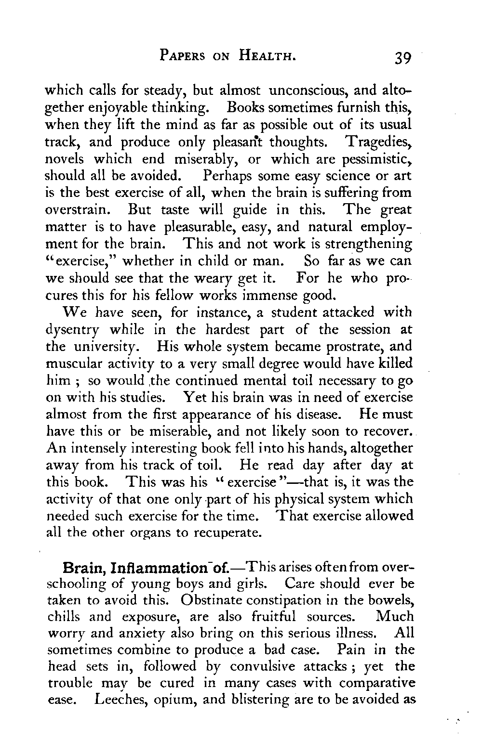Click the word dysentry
tap(75, 330)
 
